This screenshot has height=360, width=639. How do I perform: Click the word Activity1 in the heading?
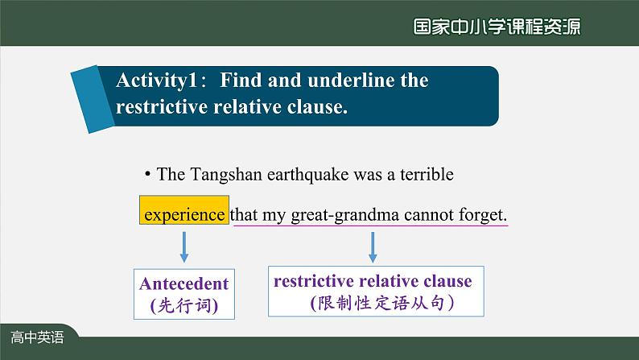157,81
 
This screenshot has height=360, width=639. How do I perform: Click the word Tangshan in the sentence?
226,175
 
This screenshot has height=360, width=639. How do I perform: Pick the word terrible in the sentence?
427,175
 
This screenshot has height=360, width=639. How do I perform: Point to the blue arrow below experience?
184,247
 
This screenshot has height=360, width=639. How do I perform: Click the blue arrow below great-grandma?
373,247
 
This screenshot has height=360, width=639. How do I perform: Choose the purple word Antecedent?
183,283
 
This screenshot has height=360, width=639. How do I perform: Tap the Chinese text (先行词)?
184,305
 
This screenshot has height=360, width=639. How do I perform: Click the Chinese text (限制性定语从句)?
381,303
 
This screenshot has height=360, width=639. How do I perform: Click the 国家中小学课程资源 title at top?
497,27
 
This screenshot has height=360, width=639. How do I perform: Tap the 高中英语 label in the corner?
37,337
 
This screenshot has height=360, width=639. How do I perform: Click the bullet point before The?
147,175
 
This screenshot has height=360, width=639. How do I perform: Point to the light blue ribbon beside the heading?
93,99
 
